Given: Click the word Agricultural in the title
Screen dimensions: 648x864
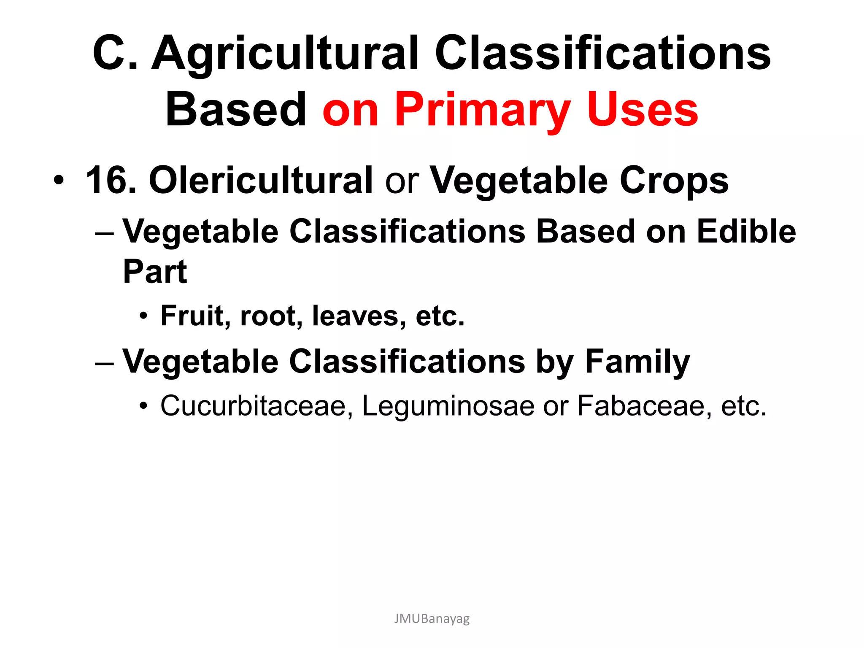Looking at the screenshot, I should coord(285,54).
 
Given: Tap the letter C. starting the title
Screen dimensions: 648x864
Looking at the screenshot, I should coord(115,54).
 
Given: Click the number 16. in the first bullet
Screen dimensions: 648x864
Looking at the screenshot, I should coord(111,181).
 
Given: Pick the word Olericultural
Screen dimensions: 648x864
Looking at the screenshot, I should coord(260,181).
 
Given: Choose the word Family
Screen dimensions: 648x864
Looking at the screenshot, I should coord(637,362).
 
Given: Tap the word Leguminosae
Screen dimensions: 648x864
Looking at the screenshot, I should coord(448,406).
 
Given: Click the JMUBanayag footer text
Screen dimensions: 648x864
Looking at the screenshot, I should coord(432,619).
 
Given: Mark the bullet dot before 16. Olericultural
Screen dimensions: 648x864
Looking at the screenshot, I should coord(59,181).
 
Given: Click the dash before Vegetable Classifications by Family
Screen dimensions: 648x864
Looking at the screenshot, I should coord(105,363).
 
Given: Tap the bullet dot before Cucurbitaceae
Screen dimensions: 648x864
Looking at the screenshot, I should coord(144,407).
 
